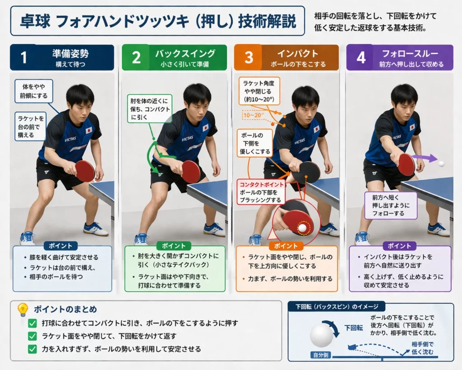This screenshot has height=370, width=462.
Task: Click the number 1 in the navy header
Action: (23, 57)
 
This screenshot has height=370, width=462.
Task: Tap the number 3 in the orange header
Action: (249, 57)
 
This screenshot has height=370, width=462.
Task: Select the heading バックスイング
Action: (185, 53)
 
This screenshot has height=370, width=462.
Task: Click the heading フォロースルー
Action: (410, 53)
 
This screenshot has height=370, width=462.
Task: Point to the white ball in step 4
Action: (441, 164)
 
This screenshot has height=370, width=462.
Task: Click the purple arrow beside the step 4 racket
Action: (424, 158)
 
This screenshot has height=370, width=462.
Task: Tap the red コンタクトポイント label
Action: (261, 185)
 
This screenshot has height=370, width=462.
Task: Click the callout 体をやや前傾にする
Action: (33, 91)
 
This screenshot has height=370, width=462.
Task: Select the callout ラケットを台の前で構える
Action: (30, 126)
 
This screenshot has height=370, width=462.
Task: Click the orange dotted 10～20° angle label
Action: (253, 115)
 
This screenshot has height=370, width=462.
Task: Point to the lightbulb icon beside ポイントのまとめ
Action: (23, 309)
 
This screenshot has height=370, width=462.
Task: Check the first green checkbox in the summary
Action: (32, 323)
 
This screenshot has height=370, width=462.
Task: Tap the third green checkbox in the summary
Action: (32, 349)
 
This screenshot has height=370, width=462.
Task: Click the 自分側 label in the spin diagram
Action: (321, 355)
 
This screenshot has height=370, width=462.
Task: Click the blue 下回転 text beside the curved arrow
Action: (354, 328)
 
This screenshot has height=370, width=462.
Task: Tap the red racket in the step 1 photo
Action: (85, 171)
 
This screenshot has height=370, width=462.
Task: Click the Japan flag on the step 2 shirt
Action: (206, 127)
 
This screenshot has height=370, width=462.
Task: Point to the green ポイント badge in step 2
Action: (174, 246)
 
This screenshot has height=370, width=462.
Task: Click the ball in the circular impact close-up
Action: (302, 228)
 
